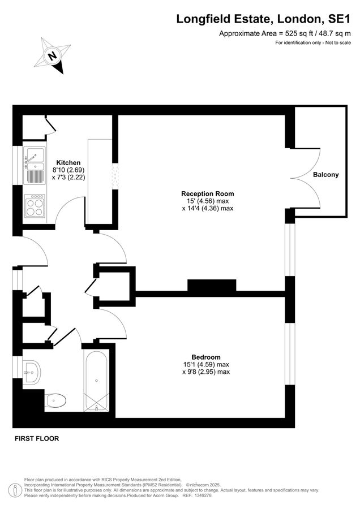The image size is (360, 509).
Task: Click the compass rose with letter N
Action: pyautogui.click(x=53, y=55)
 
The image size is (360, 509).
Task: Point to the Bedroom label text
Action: pyautogui.click(x=205, y=357)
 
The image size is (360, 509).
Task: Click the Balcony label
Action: pyautogui.click(x=325, y=175)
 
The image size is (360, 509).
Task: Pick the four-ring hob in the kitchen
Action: pyautogui.click(x=35, y=206)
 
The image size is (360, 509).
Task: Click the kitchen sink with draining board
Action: pyautogui.click(x=35, y=166)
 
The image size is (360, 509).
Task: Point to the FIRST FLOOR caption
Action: pyautogui.click(x=36, y=438)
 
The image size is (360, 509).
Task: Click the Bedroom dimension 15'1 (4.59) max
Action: pyautogui.click(x=205, y=364)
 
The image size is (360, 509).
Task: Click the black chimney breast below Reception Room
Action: pyautogui.click(x=212, y=286)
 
